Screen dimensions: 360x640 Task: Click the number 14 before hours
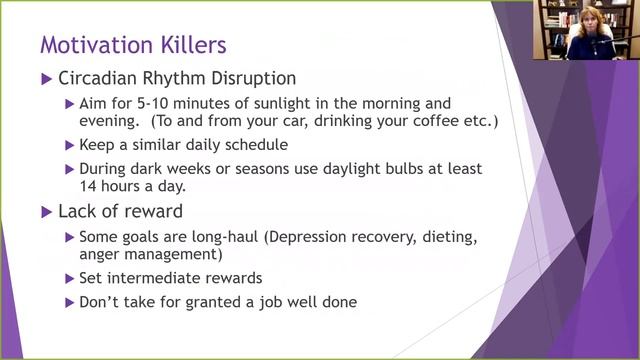coord(89,187)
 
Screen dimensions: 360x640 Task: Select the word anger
coord(100,256)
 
